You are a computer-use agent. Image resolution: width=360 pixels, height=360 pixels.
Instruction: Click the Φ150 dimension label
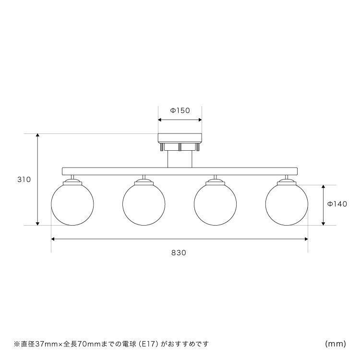point(180,111)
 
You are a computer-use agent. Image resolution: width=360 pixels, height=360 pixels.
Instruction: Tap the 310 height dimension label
point(24,180)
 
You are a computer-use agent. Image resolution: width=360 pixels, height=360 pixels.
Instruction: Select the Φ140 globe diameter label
point(337,204)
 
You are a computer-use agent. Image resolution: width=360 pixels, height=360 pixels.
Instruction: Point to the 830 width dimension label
point(179,253)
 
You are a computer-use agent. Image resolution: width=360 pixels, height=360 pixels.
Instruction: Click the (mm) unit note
point(336,344)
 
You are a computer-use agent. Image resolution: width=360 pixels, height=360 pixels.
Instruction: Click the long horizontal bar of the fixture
point(180,171)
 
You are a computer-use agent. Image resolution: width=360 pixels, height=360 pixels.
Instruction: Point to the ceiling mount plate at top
point(180,138)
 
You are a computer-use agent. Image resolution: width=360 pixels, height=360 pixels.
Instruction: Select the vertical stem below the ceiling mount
point(180,159)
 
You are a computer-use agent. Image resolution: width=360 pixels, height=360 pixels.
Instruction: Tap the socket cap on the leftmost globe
point(72,182)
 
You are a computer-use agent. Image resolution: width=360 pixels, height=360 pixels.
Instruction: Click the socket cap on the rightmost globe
point(287,182)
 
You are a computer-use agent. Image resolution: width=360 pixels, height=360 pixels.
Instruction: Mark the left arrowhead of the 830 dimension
point(53,239)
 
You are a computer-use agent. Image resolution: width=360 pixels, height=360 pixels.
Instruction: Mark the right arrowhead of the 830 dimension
point(306,239)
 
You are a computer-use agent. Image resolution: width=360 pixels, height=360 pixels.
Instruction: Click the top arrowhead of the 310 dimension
point(38,135)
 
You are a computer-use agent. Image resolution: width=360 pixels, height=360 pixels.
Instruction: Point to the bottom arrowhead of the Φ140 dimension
point(324,223)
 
